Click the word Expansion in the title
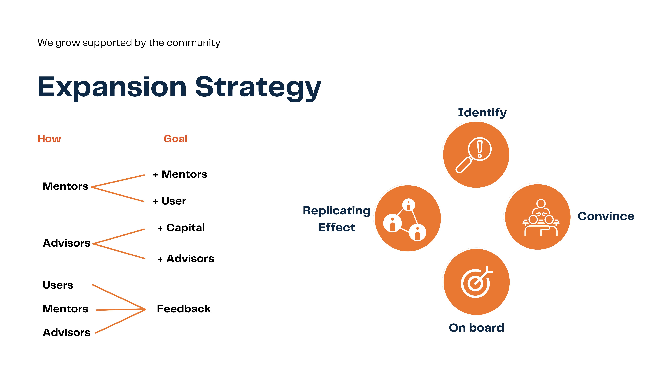112,87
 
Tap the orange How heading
49,139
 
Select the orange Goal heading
175,139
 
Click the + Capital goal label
181,228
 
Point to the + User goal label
169,201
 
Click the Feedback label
184,309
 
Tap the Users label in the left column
58,285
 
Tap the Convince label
606,216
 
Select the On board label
476,328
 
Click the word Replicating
336,211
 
